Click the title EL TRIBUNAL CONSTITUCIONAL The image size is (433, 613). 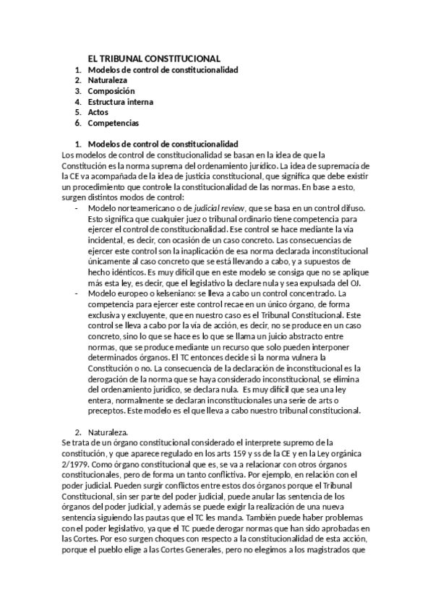coord(154,58)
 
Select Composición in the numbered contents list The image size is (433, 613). coord(111,91)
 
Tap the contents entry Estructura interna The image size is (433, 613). coord(120,102)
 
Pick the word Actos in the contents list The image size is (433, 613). coord(100,112)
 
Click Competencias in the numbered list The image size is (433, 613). coord(113,123)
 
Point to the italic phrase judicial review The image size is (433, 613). coord(207,207)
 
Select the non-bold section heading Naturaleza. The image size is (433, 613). coord(108,432)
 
